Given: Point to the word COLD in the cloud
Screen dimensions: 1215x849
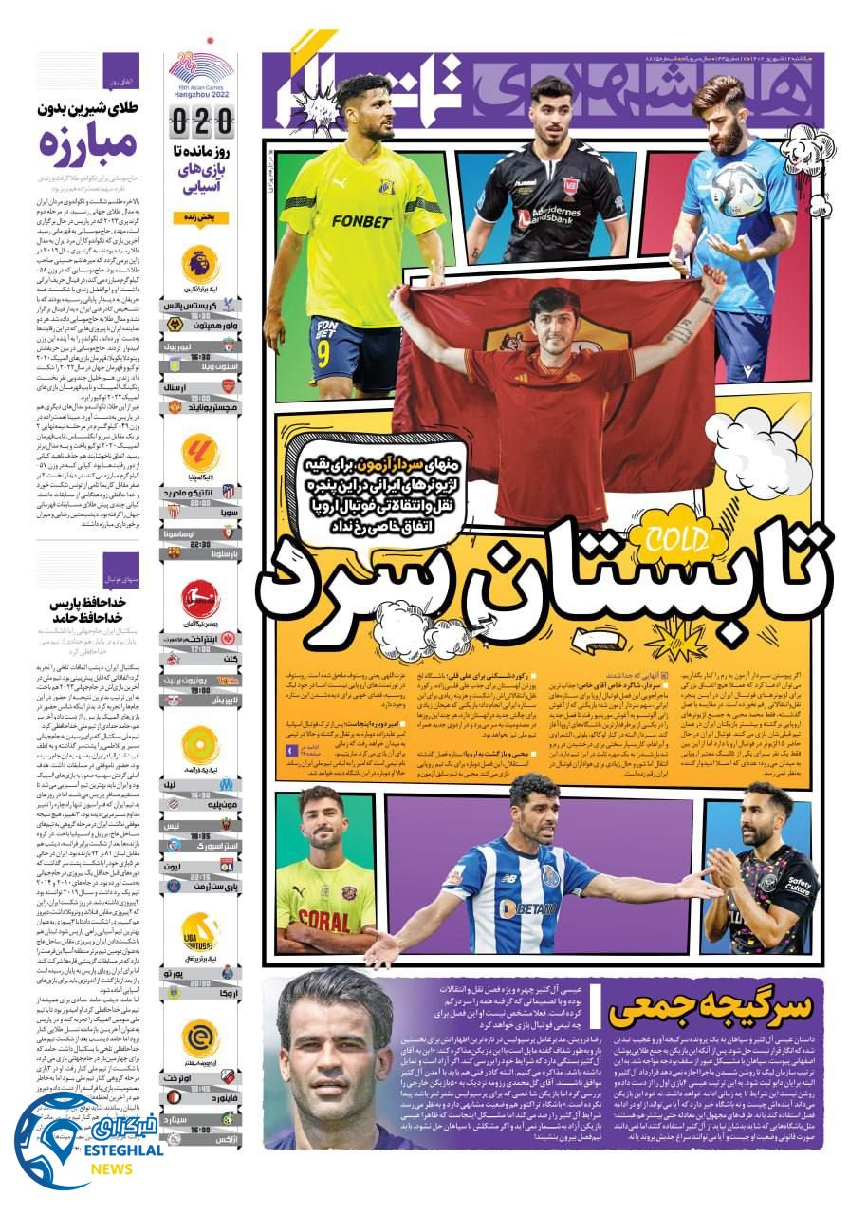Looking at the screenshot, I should click(x=675, y=539).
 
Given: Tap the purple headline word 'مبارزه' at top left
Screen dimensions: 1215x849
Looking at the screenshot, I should click(x=89, y=144).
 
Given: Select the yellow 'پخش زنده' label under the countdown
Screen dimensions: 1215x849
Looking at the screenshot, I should click(x=201, y=217).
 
